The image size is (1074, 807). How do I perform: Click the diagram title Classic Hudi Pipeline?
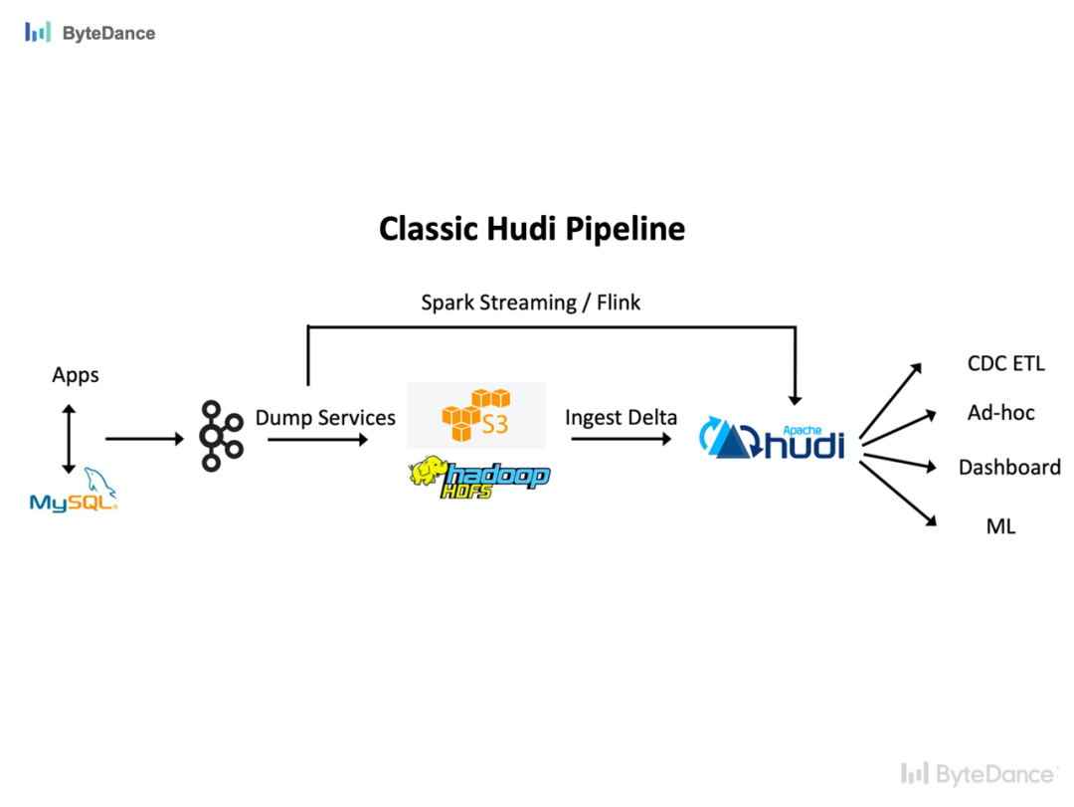[532, 229]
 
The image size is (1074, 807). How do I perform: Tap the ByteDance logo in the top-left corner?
[90, 33]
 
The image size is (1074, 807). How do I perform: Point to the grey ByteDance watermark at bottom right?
[979, 773]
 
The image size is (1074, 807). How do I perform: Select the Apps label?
[76, 375]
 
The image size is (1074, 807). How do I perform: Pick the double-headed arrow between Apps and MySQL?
[68, 439]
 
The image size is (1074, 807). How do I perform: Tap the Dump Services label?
[325, 418]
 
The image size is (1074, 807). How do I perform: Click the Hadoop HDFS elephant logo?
[479, 476]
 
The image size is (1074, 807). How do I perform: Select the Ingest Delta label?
[621, 418]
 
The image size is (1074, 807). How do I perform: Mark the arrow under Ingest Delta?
[621, 438]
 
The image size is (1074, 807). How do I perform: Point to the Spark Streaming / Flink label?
[530, 303]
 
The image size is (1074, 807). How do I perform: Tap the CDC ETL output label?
[1005, 363]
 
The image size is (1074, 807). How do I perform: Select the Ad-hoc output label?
[1000, 412]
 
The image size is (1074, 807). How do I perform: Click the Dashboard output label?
[1008, 467]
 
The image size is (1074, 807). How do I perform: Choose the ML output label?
[1000, 526]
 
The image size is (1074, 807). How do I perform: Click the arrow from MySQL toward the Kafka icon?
[144, 438]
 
